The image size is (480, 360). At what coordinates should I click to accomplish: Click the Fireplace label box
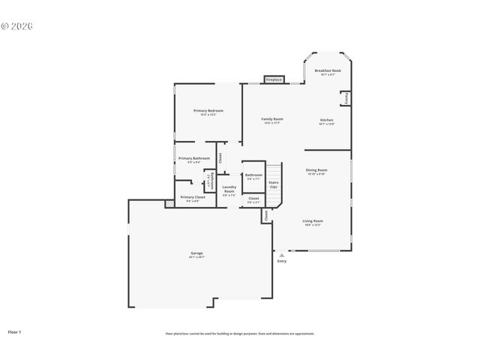(x=274, y=79)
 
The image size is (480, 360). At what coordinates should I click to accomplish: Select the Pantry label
(x=346, y=98)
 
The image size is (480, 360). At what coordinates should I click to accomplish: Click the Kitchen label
(x=327, y=121)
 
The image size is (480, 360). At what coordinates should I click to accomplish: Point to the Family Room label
(x=271, y=120)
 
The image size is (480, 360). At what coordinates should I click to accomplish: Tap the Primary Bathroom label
(x=193, y=159)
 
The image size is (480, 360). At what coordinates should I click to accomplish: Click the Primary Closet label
(x=192, y=198)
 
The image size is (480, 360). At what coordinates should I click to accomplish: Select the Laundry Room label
(x=229, y=189)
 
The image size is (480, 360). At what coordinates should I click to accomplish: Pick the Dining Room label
(x=316, y=171)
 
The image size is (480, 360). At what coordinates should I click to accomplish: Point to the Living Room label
(x=313, y=222)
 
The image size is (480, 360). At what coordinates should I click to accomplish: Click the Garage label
(x=196, y=254)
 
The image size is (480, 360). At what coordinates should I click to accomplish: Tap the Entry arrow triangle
(x=282, y=255)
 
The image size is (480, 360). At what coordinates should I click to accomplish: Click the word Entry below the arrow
(x=282, y=261)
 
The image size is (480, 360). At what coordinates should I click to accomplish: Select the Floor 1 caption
(x=15, y=331)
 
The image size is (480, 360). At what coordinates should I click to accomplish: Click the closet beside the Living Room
(x=265, y=215)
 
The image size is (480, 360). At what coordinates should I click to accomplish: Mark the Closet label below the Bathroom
(x=253, y=199)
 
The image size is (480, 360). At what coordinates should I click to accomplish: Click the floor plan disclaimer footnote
(x=240, y=334)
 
